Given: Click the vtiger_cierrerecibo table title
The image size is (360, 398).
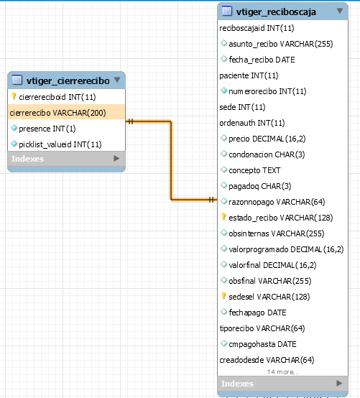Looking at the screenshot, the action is tap(68, 80).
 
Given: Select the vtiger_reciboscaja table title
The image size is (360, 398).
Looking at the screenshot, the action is tap(276, 12).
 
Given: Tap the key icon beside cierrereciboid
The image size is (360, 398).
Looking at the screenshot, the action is tap(14, 96).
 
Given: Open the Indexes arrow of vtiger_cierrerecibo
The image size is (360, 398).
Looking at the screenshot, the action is tap(116, 158).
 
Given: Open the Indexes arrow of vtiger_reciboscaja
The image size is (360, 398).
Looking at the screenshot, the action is tap(339, 383).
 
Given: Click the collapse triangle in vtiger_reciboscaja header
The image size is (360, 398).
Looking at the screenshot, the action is tap(340, 11).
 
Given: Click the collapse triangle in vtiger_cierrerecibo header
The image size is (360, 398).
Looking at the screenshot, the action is tap(117, 80).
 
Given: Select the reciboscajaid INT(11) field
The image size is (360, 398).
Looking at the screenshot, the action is tap(257, 28).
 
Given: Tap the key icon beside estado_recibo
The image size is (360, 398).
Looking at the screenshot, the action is tap(223, 217).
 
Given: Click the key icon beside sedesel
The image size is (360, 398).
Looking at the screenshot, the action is tap(223, 296).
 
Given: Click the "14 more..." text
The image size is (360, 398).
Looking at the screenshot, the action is tap(283, 372).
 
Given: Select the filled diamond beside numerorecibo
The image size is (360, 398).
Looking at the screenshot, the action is tap(223, 91).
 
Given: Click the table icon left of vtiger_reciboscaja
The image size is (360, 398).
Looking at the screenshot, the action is tap(227, 11).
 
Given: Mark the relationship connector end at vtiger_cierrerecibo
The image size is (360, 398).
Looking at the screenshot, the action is tap(126, 121).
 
